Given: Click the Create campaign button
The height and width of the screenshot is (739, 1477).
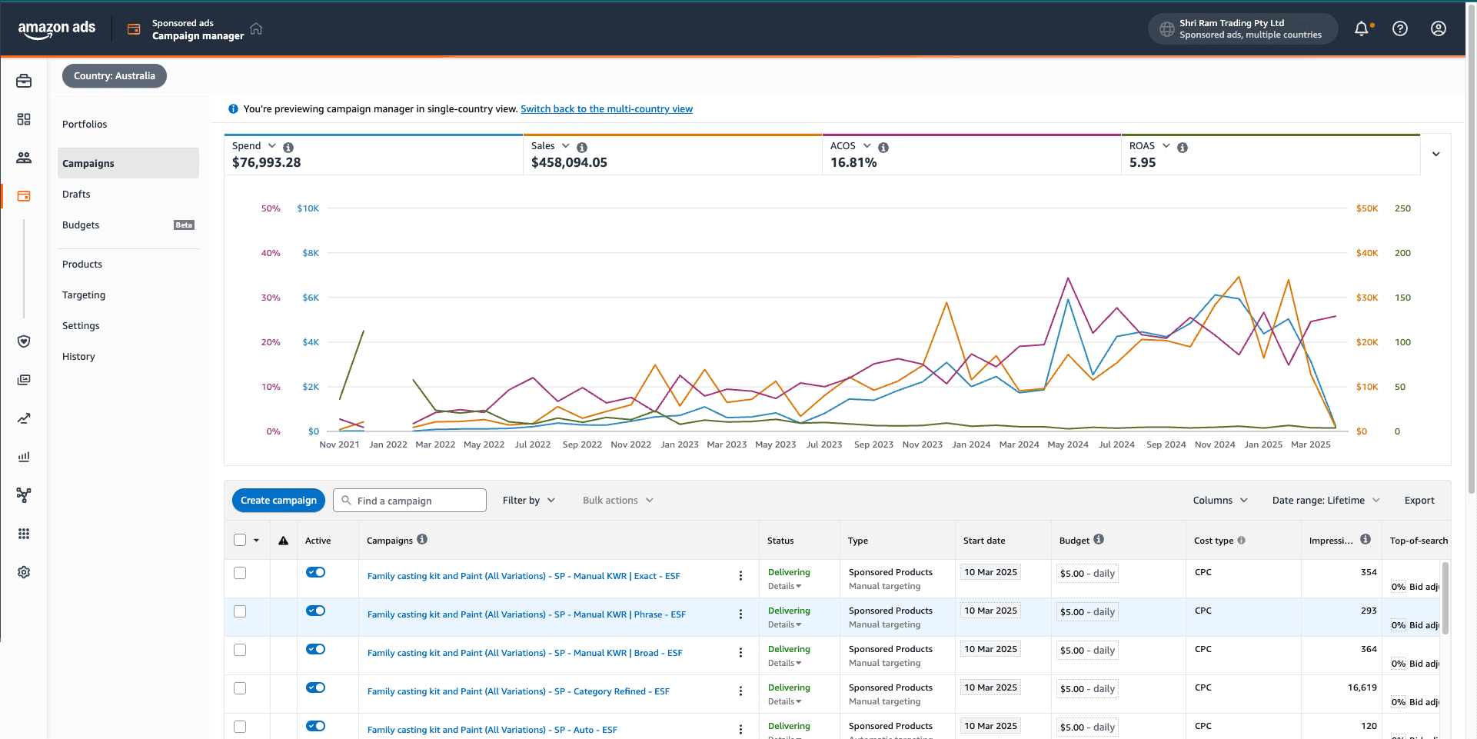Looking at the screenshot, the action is (x=278, y=500).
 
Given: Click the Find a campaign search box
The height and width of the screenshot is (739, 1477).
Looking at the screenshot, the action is (x=410, y=500).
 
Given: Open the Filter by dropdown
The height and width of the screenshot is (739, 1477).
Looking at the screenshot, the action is (x=529, y=500).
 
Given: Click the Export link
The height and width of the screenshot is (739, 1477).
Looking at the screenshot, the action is (x=1419, y=500).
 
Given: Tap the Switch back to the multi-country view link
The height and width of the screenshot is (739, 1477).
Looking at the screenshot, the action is (x=607, y=108).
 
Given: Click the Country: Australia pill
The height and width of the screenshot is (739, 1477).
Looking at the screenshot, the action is (x=115, y=75).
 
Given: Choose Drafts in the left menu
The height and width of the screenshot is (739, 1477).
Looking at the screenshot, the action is (x=76, y=194).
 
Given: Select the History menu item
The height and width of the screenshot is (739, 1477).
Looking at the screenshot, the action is (x=78, y=356).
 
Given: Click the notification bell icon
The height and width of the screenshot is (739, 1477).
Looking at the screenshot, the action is (x=1362, y=28).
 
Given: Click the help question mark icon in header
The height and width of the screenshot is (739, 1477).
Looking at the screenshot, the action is (x=1400, y=28).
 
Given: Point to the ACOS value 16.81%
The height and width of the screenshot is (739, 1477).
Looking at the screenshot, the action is (x=853, y=162).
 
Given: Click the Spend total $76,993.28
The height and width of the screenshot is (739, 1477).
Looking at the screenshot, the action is (x=266, y=162).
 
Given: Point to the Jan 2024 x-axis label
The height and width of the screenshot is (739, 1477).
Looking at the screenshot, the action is (x=971, y=444).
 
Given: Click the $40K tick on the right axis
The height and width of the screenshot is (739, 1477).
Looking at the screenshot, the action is (x=1367, y=253).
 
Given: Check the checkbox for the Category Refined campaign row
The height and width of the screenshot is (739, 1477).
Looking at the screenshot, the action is (x=240, y=688).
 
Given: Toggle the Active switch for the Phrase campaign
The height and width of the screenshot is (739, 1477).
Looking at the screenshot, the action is (x=315, y=611).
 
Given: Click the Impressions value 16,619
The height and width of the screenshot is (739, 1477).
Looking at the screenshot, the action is (x=1362, y=687).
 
